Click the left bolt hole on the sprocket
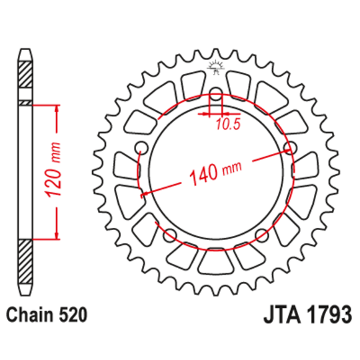pyautogui.click(x=140, y=147)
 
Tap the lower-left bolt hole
pyautogui.click(x=169, y=235)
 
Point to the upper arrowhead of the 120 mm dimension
pyautogui.click(x=56, y=109)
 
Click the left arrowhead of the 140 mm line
pyautogui.click(x=143, y=195)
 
